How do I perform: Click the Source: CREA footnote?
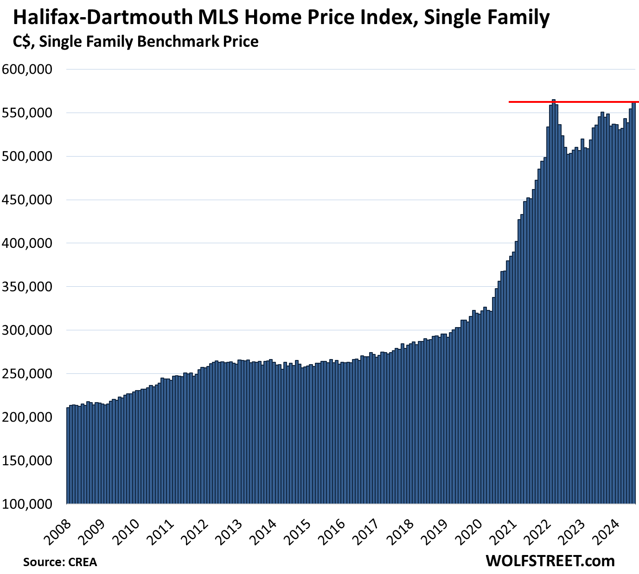point(60,562)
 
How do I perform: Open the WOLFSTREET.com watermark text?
point(550,561)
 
